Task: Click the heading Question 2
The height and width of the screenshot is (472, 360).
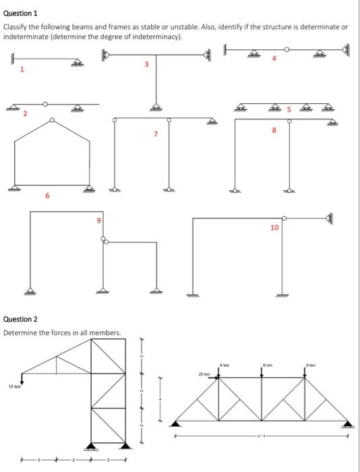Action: click(21, 319)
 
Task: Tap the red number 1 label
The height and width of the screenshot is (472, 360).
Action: click(22, 69)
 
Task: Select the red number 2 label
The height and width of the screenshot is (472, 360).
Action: click(25, 113)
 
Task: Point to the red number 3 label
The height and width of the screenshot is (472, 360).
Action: click(146, 65)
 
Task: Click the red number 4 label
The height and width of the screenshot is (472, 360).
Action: click(274, 59)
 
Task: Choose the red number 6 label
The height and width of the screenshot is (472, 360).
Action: click(47, 196)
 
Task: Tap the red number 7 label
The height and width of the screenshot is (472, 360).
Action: click(156, 134)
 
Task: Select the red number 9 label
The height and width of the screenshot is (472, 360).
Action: click(98, 220)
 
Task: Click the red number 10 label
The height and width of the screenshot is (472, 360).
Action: click(274, 228)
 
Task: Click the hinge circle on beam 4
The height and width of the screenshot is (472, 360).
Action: click(288, 49)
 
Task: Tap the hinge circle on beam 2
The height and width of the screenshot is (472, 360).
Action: click(45, 104)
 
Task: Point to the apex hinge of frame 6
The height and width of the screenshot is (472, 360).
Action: click(52, 121)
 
